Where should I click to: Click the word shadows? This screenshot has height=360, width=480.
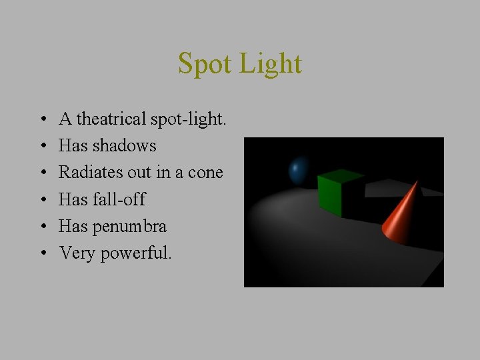[126, 146]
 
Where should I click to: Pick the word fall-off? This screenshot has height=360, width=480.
[120, 199]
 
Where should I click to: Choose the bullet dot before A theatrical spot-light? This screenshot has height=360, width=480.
[42, 120]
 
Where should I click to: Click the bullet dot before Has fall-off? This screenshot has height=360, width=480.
[42, 200]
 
